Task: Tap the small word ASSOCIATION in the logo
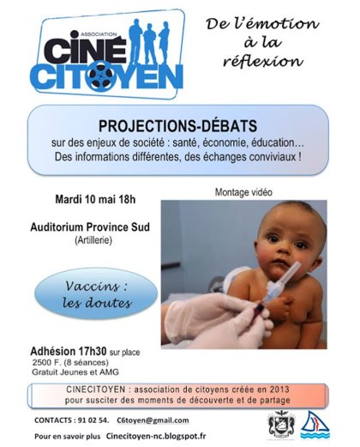99,34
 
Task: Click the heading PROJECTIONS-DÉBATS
177,126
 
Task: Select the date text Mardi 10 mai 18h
95,199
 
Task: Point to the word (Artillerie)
93,240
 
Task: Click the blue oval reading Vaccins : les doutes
96,294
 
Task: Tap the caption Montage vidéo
243,192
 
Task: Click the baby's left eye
300,245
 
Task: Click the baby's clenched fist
280,308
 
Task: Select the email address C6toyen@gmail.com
153,420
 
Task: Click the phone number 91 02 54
93,420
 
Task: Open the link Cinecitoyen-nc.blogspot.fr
156,436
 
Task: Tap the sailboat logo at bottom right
315,426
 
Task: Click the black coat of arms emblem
281,425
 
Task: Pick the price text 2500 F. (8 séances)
70,362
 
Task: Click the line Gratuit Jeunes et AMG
75,372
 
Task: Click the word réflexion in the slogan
262,61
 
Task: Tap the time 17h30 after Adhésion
92,351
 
